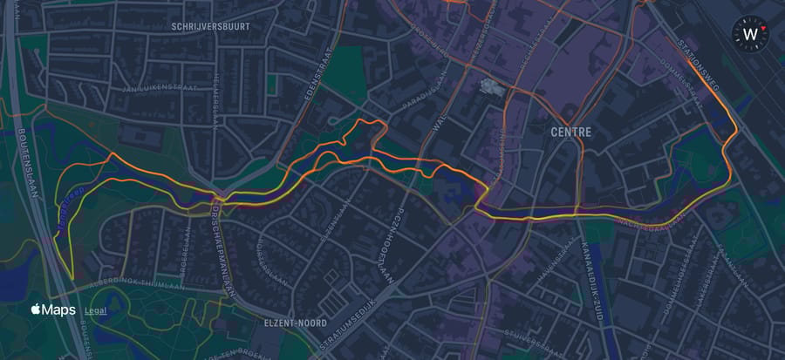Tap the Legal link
pos(95,310)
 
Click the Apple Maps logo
pos(54,310)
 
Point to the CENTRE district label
pos(571,132)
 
